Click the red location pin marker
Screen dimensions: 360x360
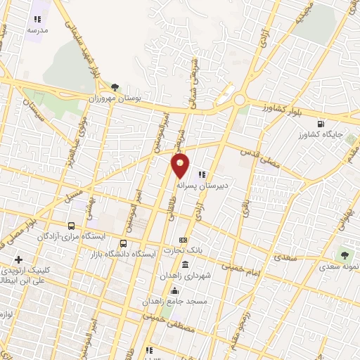coord(181,165)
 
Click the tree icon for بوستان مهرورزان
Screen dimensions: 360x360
coord(115,87)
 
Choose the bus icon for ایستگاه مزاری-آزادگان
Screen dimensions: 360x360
coord(71,226)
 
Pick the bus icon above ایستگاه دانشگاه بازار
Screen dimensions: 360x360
coord(124,243)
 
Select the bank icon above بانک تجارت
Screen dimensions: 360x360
coord(183,240)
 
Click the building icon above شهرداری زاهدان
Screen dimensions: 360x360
coord(184,264)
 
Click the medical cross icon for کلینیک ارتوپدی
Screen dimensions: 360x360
coord(18,260)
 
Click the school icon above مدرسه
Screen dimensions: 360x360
coord(37,20)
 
